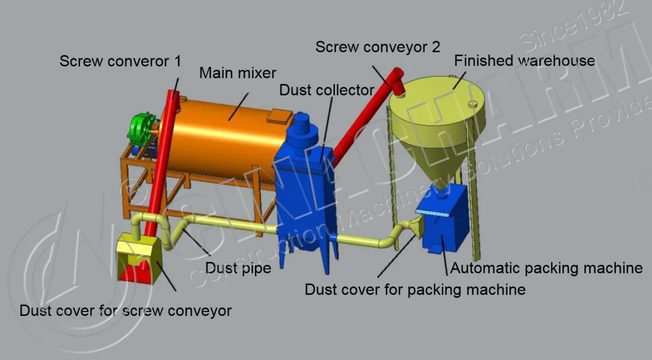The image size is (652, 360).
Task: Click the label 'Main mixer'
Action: [237, 72]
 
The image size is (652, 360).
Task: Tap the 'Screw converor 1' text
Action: [120, 60]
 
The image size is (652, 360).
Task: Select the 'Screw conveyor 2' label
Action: [377, 47]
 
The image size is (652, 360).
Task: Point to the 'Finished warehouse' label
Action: [525, 60]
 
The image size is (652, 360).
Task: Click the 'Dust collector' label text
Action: [326, 90]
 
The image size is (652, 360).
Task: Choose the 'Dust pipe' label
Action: [238, 268]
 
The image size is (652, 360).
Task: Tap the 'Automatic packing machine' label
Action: [546, 268]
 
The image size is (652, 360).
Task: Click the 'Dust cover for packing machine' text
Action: [415, 289]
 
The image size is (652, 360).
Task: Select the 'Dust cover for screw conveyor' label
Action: [125, 311]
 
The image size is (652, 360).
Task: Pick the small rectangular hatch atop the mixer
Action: [280, 115]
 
